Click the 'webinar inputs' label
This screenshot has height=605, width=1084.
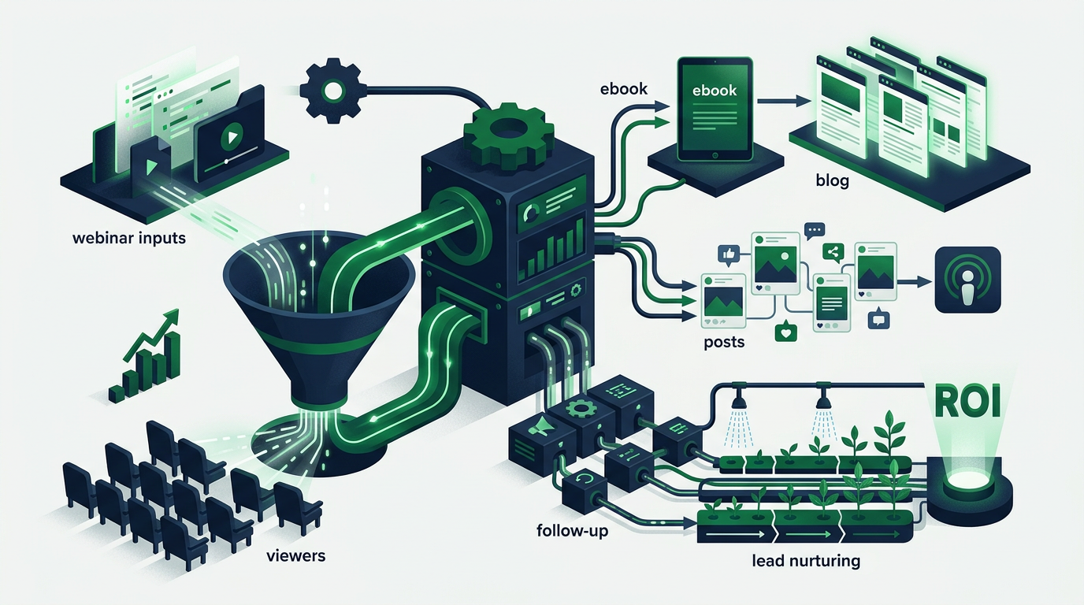coord(128,239)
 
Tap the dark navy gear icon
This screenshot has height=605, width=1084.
coord(332,91)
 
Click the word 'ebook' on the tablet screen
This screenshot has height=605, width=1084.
coord(715,91)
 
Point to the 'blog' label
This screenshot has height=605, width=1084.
coord(833,180)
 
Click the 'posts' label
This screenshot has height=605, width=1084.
coord(724,342)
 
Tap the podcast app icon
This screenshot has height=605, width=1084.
coord(968,280)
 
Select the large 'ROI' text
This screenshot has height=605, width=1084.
coord(963,402)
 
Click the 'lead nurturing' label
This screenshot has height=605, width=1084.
coord(806,562)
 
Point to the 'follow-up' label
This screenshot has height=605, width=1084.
coord(573,531)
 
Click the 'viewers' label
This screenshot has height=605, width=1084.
coord(295,555)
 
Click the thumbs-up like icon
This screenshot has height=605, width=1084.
coord(727,254)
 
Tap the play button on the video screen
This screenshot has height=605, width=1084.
coord(231,136)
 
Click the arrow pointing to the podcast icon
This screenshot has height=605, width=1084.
coord(914,282)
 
